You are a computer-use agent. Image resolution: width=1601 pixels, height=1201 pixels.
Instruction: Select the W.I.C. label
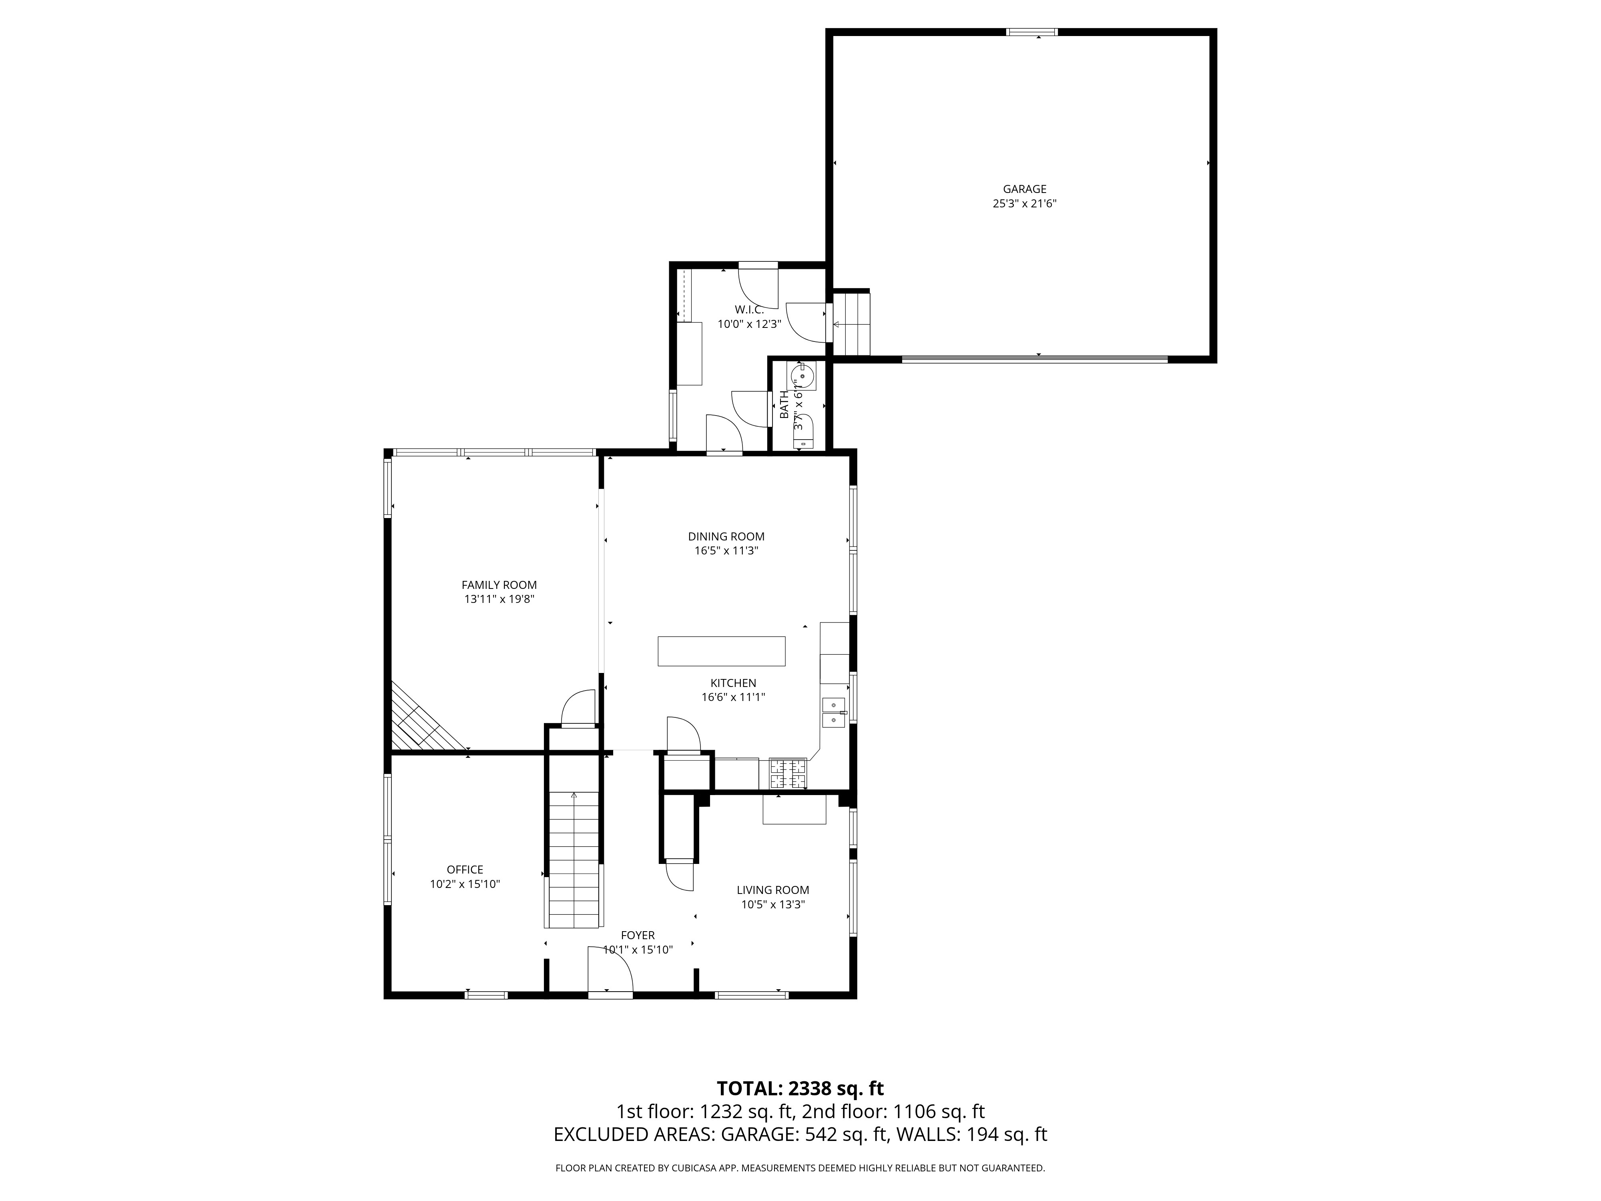[749, 310]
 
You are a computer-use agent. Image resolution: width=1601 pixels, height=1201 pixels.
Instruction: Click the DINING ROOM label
[726, 536]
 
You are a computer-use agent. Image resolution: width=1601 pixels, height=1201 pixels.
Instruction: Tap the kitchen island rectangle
[721, 651]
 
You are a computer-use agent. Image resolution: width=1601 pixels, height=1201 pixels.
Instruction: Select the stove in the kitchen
[787, 773]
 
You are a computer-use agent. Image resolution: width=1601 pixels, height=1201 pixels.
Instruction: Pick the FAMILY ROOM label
[500, 585]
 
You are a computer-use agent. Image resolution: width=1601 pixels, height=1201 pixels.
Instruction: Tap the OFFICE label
[465, 870]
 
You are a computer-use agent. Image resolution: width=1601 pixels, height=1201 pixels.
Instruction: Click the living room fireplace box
[794, 809]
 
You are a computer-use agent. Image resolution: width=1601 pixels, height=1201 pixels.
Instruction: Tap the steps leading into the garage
[851, 323]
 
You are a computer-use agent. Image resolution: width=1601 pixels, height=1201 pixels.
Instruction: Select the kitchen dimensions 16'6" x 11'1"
[733, 697]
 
